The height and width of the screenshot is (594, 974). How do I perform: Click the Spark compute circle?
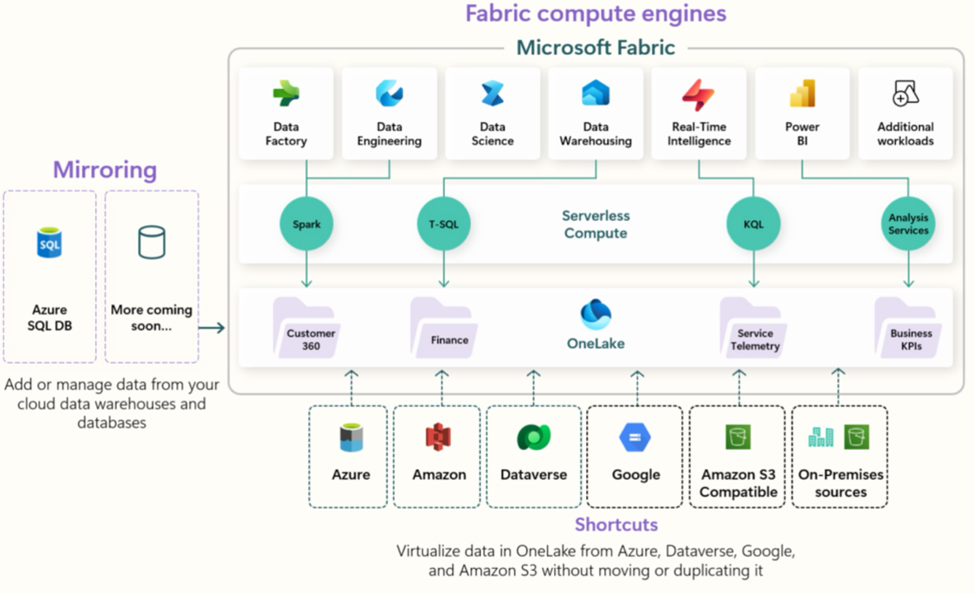[x=306, y=223]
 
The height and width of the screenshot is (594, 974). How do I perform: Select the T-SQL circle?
[x=443, y=223]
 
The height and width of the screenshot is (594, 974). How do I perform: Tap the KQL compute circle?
[x=754, y=223]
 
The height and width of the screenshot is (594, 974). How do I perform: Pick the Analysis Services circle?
[x=909, y=223]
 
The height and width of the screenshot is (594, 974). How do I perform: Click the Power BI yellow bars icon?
[x=802, y=93]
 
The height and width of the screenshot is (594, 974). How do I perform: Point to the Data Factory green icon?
[x=286, y=93]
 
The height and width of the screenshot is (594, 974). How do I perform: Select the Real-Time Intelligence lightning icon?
[x=698, y=94]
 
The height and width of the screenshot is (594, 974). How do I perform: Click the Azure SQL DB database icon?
[x=49, y=242]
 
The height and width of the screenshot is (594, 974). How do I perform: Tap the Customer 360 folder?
[x=306, y=328]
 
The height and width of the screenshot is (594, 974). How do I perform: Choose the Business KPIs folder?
[x=908, y=328]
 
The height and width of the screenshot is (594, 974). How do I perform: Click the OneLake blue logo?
[x=596, y=314]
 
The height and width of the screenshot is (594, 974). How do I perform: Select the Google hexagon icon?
[x=635, y=437]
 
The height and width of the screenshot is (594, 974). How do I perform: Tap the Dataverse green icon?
[x=534, y=437]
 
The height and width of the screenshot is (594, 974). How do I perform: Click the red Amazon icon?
[x=439, y=437]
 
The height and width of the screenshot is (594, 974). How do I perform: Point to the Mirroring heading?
[x=105, y=169]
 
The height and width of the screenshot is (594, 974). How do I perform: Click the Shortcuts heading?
[x=617, y=525]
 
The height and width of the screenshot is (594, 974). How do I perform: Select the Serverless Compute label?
[x=596, y=224]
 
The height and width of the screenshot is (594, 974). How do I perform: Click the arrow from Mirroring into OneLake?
[x=212, y=327]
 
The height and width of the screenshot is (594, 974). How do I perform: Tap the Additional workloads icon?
[x=905, y=93]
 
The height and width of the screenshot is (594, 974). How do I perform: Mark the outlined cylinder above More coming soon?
[x=151, y=242]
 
